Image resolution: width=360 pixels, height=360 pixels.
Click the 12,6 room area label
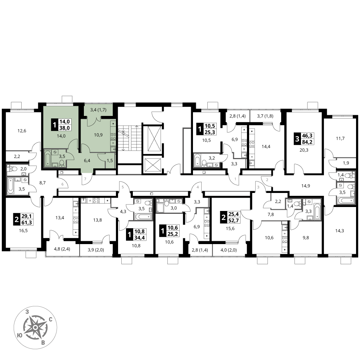(x=22, y=131)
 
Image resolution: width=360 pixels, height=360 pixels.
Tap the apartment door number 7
(x=85, y=179)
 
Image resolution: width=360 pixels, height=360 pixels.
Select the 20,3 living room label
(x=303, y=150)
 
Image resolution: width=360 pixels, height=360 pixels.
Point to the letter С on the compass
(x=51, y=319)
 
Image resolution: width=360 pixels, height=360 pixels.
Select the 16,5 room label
(x=23, y=231)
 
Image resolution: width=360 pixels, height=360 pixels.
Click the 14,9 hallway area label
(x=305, y=186)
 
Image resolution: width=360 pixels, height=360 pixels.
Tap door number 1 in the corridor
(x=235, y=179)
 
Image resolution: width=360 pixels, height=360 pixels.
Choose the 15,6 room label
(x=230, y=229)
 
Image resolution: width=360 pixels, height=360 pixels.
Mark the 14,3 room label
(x=339, y=231)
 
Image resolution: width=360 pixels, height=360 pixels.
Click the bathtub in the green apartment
(x=48, y=158)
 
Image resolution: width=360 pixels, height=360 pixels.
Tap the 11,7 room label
(x=340, y=139)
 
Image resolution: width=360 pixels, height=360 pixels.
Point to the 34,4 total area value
(x=139, y=237)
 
